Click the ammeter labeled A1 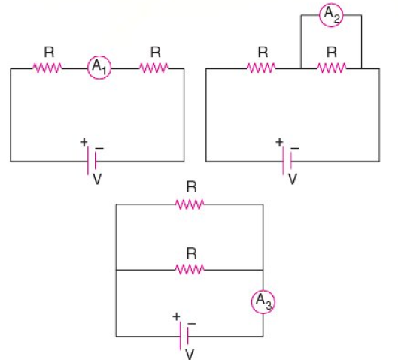coord(99,68)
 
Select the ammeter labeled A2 coord(331,15)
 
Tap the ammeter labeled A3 coord(263,302)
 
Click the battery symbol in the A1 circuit coord(92,161)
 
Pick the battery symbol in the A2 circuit coord(287,161)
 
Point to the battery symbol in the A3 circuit coord(184,336)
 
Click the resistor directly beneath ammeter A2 coord(332,68)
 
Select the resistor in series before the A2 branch coord(261,68)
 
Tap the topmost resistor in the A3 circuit coord(190,204)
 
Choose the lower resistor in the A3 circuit coord(190,270)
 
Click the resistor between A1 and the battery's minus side coord(153,68)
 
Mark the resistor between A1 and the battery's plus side coord(47,68)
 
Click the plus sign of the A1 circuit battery coord(84,142)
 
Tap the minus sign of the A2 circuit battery coord(295,148)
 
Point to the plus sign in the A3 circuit coord(176,317)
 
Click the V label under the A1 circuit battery coord(97,179)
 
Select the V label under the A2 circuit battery coord(293,179)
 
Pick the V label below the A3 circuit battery coord(190,354)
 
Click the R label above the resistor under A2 coord(332,52)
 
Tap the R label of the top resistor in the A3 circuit coord(192,187)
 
